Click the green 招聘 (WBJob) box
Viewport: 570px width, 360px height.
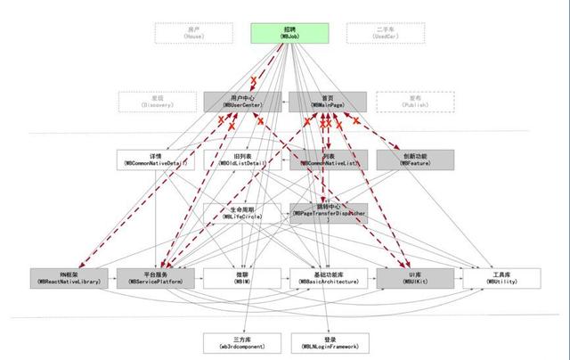coord(290,33)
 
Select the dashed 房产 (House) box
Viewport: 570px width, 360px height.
coord(194,33)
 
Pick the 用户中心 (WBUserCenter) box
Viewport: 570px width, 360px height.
coord(242,102)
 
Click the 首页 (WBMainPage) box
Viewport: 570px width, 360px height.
coord(329,102)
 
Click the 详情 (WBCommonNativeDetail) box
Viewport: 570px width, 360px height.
coord(155,160)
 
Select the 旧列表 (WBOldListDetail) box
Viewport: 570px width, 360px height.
coord(242,160)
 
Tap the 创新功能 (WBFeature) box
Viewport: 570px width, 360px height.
coord(415,160)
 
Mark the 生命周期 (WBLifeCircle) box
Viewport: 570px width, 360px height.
coord(242,212)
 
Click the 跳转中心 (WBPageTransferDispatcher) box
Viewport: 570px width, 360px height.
coord(329,212)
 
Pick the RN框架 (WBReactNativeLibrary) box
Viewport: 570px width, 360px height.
coord(69,277)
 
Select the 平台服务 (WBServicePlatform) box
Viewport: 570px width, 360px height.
coord(155,277)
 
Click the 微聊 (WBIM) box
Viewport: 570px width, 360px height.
coord(242,277)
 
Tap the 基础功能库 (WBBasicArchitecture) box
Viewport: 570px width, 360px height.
coord(329,277)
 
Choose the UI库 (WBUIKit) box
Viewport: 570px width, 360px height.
coord(415,277)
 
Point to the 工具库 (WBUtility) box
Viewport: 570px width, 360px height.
coord(501,277)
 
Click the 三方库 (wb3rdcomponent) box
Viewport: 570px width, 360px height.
coord(242,341)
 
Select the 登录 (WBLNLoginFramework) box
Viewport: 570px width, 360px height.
coord(329,341)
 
